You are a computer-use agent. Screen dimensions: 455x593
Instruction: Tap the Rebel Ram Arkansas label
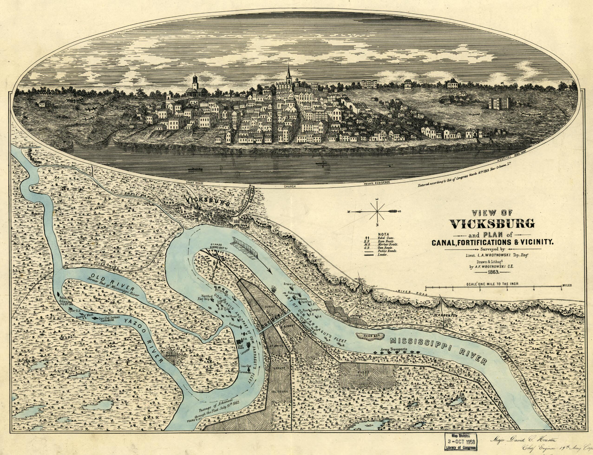[66, 301]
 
